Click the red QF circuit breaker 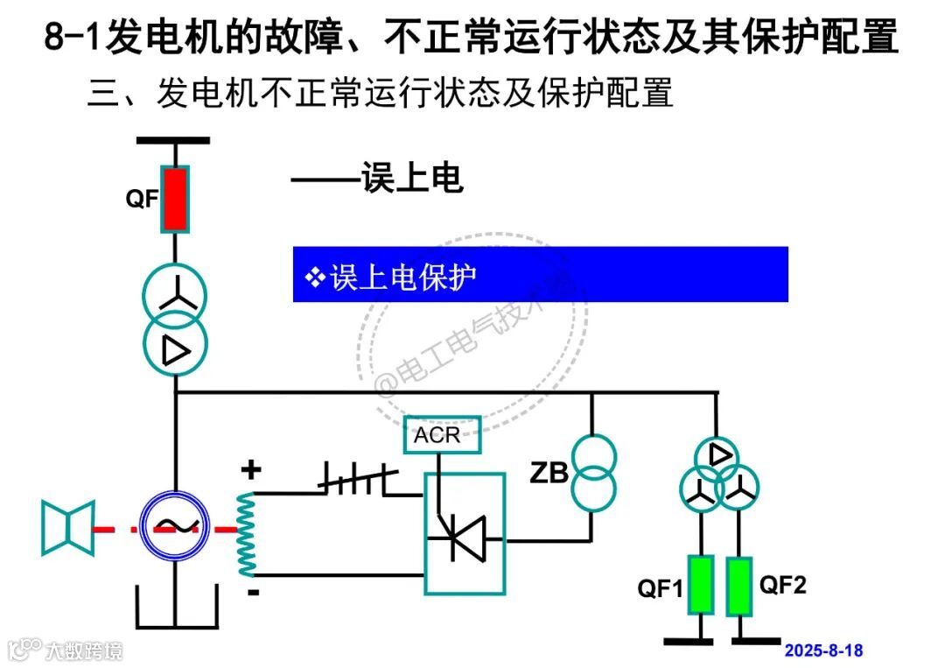[x=175, y=200]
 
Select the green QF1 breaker [x=700, y=585]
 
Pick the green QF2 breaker [x=740, y=585]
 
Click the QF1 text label [x=660, y=589]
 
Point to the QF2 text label [x=782, y=585]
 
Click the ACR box [x=443, y=435]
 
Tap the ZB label [x=550, y=474]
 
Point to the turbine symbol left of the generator [x=67, y=528]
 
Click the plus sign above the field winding [x=251, y=471]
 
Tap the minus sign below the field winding [x=254, y=593]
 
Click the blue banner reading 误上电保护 [x=540, y=275]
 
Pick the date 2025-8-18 [x=823, y=650]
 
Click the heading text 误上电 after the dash [x=411, y=179]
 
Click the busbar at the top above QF [x=173, y=140]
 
